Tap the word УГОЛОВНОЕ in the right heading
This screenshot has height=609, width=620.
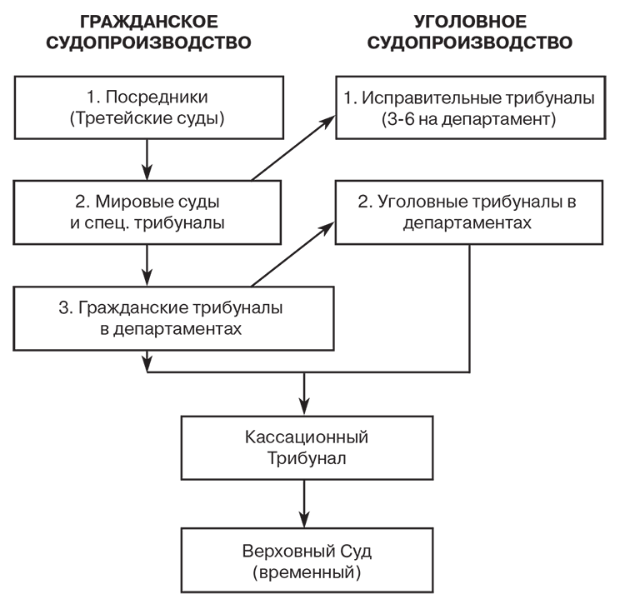click(471, 21)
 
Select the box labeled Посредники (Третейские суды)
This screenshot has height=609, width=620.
click(147, 107)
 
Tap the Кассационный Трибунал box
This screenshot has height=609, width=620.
click(307, 447)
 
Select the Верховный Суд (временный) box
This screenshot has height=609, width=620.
click(307, 562)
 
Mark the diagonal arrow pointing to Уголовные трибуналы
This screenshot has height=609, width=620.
click(292, 253)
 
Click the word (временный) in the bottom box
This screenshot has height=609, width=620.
click(307, 573)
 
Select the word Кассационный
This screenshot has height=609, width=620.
click(307, 437)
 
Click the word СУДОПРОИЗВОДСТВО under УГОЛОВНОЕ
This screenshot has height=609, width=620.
click(471, 42)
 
